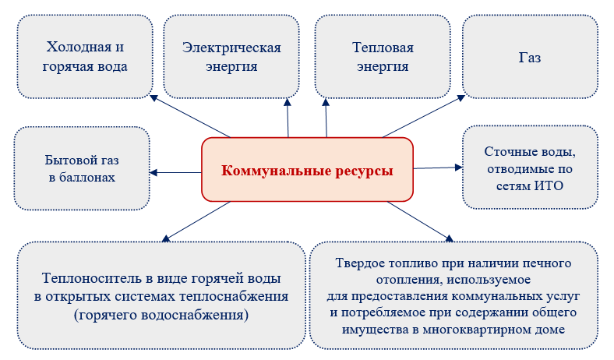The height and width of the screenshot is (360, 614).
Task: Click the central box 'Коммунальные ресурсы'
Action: [307, 169]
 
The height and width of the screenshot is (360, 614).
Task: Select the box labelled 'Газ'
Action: [530, 58]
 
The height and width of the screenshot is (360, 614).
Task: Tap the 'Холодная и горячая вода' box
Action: [86, 57]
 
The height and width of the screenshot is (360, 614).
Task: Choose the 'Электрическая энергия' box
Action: [231, 57]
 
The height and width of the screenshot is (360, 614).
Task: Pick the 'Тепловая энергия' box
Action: [383, 57]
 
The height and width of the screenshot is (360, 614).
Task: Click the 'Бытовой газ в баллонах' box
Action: [81, 169]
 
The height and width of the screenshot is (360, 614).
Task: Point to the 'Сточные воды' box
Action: [530, 168]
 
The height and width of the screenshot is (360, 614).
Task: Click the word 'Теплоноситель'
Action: [85, 278]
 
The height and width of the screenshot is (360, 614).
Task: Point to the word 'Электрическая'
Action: [231, 48]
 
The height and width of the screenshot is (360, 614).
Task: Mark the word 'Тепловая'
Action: [383, 48]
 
